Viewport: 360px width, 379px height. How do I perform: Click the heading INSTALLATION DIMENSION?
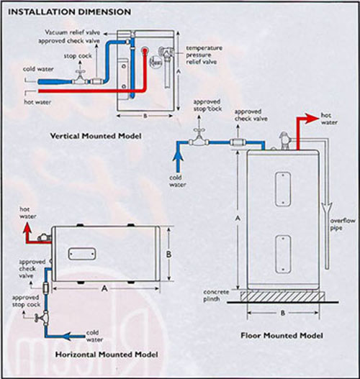[69, 12]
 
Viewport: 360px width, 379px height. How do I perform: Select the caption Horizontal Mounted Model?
[106, 355]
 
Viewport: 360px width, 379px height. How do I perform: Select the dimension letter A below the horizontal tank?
[105, 287]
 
